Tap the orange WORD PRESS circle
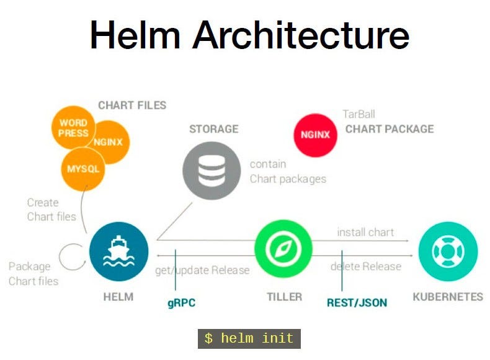coord(73,128)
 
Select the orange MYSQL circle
coord(82,168)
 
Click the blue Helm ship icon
coord(118,251)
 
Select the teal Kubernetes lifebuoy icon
coord(447,251)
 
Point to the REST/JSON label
coord(357,303)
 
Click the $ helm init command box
coord(249,338)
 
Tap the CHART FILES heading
coord(132,105)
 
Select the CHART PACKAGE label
coord(390,129)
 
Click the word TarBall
coord(359,114)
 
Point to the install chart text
coord(365,232)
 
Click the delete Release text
coord(365,266)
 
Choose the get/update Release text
coord(202,270)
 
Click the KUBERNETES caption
coord(448,297)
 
